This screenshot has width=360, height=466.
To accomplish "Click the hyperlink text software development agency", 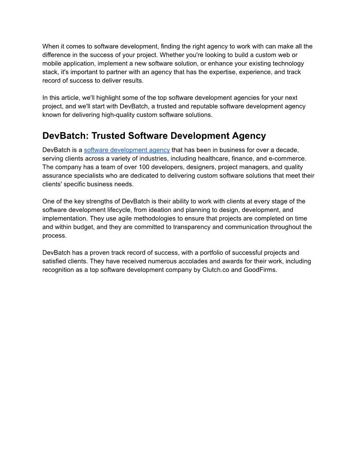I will click(x=127, y=150).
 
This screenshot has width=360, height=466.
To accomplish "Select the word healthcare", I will click(x=199, y=158).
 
